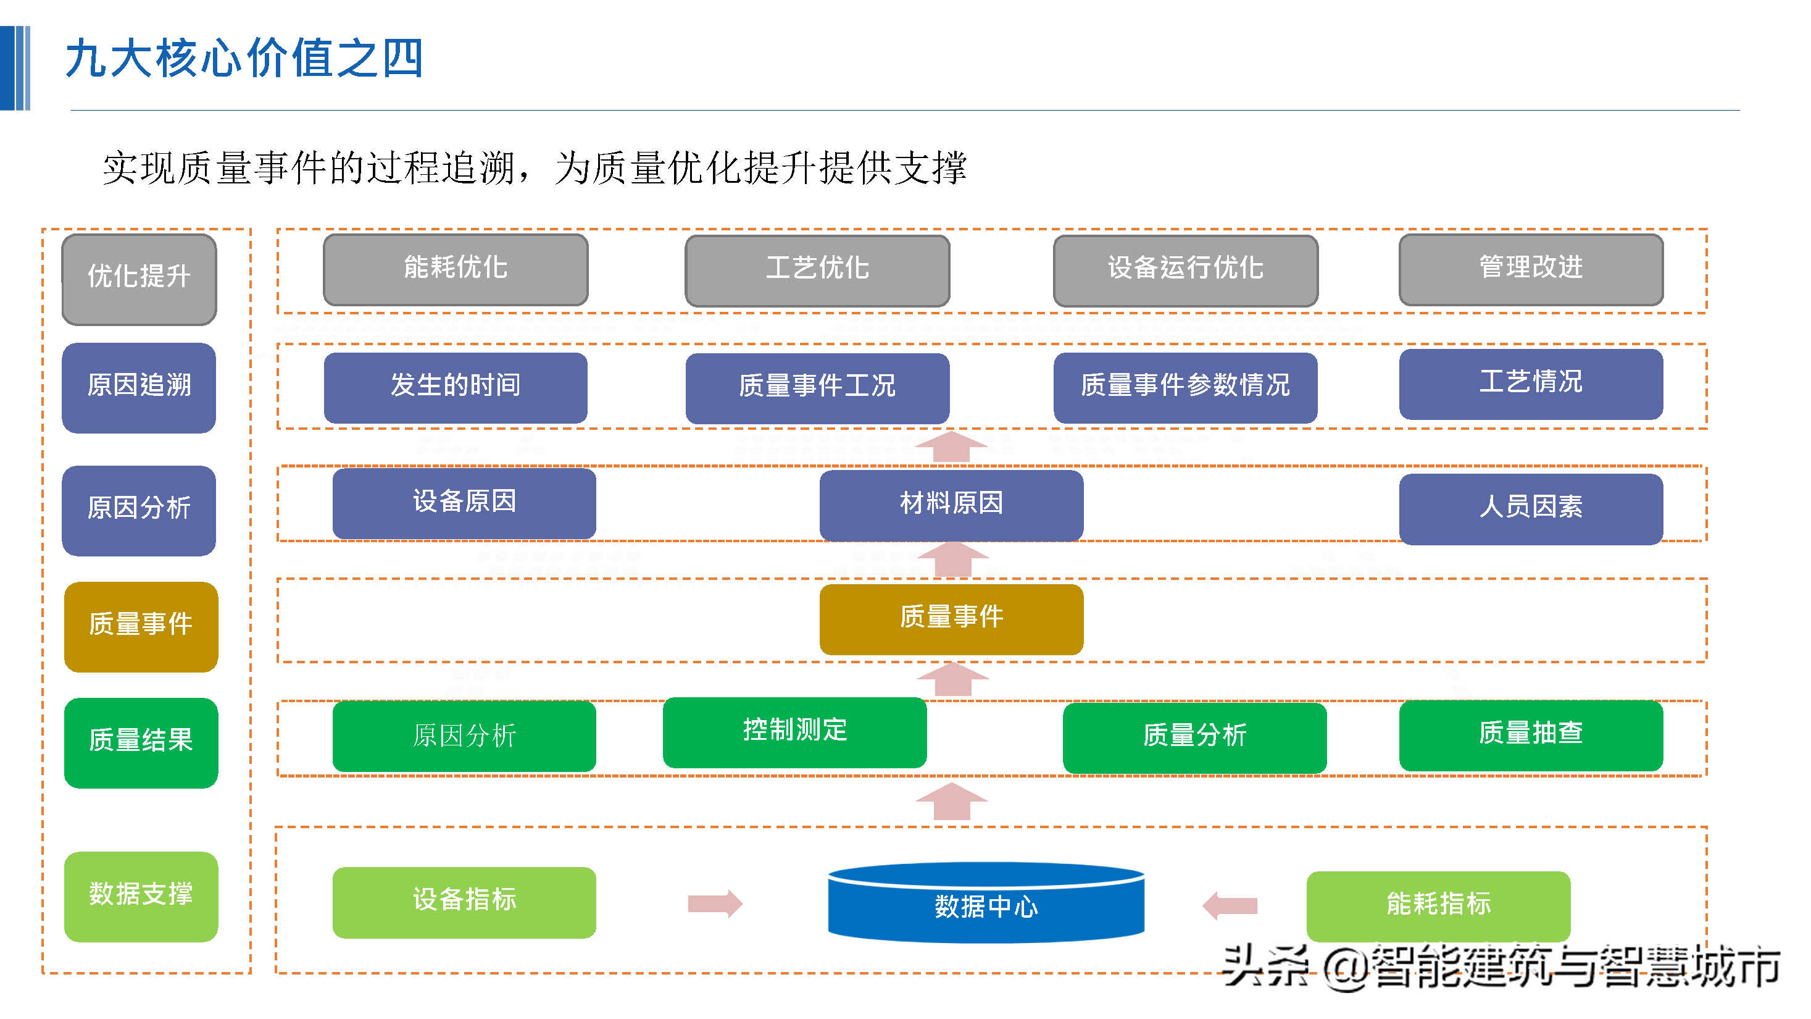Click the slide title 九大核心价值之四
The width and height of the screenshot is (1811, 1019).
(x=244, y=59)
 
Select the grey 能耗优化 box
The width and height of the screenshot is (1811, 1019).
(x=455, y=269)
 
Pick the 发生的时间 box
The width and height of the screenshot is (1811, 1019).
(x=455, y=387)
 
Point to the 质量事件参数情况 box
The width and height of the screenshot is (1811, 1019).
(x=1184, y=387)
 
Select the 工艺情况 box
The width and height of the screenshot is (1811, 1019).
(x=1531, y=384)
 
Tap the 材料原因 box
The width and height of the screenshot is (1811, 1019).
(x=951, y=504)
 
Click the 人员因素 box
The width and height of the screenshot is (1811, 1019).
(x=1531, y=508)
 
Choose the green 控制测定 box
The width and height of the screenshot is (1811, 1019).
(x=794, y=731)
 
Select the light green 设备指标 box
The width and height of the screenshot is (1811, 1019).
(x=464, y=902)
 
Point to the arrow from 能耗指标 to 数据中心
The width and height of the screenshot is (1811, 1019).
(x=1230, y=905)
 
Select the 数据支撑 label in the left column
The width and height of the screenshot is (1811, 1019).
(x=141, y=896)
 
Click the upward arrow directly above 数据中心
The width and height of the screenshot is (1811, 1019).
(x=951, y=801)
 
